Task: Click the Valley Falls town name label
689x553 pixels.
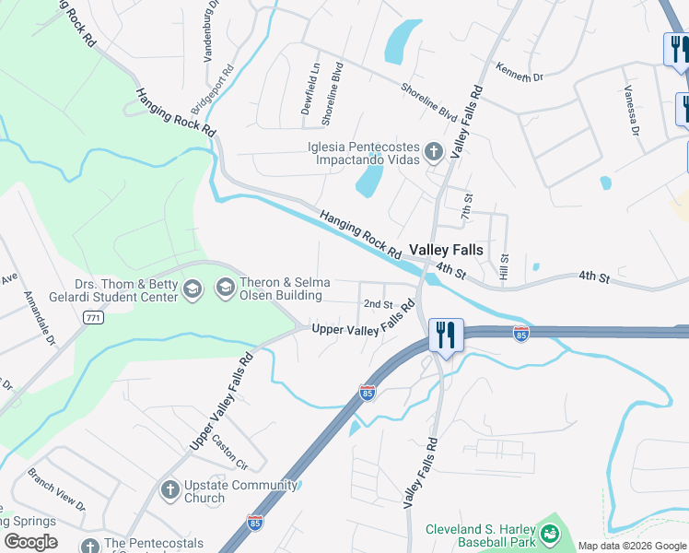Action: click(446, 249)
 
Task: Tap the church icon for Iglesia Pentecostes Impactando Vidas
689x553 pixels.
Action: click(434, 151)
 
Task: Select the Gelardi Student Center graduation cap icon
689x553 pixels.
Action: click(193, 290)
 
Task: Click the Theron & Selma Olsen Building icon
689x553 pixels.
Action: click(225, 288)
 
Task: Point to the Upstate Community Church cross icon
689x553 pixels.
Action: click(169, 490)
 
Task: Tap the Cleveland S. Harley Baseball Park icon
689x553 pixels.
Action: click(550, 534)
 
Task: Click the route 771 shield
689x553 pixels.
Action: click(91, 317)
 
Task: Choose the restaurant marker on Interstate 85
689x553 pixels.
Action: click(446, 334)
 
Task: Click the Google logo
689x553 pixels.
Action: click(29, 542)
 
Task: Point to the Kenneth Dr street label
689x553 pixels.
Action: click(520, 73)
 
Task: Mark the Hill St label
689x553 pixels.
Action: click(504, 267)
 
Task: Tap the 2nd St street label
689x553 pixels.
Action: click(378, 304)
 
